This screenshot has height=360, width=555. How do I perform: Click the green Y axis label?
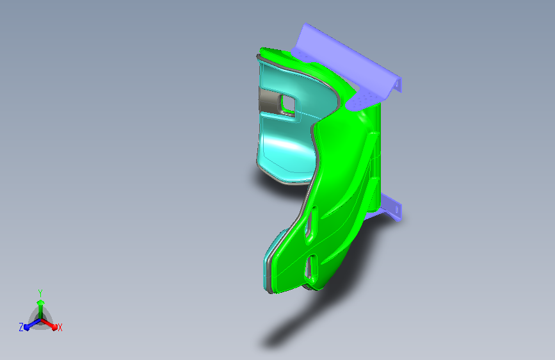pos(40,293)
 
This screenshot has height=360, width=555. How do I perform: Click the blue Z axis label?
pos(21,327)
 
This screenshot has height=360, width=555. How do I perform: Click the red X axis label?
pos(60,328)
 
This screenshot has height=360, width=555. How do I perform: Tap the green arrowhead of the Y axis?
pos(40,302)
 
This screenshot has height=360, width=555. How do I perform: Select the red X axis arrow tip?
pos(54,327)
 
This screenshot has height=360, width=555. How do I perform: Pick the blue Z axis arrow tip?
pos(27,327)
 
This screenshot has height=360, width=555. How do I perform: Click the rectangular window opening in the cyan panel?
pos(288,102)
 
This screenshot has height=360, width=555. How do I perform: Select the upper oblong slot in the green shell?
pos(312,224)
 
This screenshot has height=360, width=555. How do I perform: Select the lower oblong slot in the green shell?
pos(312,267)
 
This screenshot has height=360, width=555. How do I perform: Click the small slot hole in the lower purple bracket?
pos(397,209)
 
